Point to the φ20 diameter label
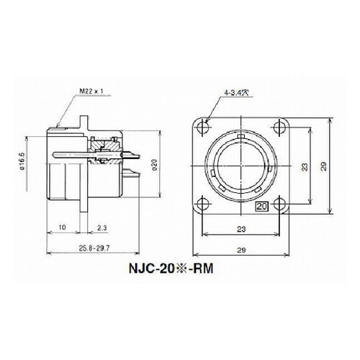pyautogui.click(x=164, y=168)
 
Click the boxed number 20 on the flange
pyautogui.click(x=261, y=206)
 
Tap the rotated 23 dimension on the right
pyautogui.click(x=305, y=166)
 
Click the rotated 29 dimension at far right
pyautogui.click(x=325, y=166)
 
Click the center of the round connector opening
pyautogui.click(x=243, y=168)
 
